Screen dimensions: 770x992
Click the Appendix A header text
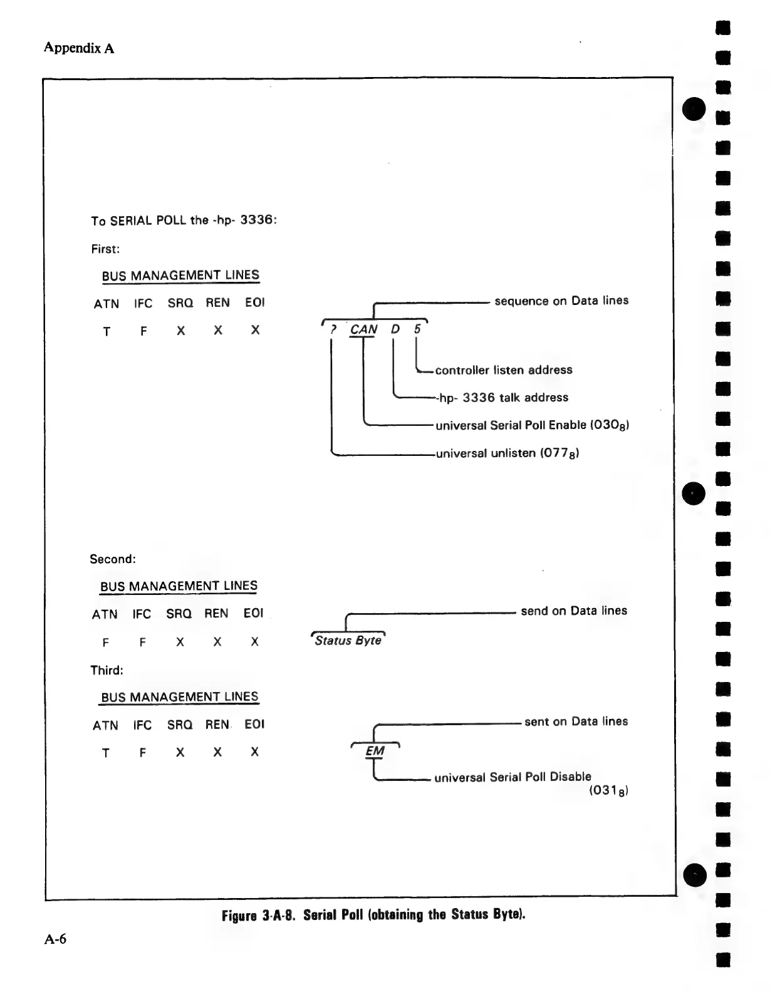79,48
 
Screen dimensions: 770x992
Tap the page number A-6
55,939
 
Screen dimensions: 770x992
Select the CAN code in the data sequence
363,329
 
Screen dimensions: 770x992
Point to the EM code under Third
375,751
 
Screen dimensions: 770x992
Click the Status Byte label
348,641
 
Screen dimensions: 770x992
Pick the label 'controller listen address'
504,370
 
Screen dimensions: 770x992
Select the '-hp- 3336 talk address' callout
502,398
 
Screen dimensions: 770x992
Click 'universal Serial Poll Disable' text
512,777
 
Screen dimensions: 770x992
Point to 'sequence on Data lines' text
561,301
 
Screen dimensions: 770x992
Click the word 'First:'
105,249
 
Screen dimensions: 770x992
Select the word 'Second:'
113,559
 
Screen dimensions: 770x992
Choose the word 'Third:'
107,671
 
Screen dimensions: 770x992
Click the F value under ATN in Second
105,643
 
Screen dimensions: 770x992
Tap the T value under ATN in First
107,332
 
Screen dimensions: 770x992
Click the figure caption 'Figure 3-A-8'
373,915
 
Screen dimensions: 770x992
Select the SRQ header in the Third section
180,725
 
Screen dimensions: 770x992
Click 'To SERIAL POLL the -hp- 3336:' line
184,220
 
